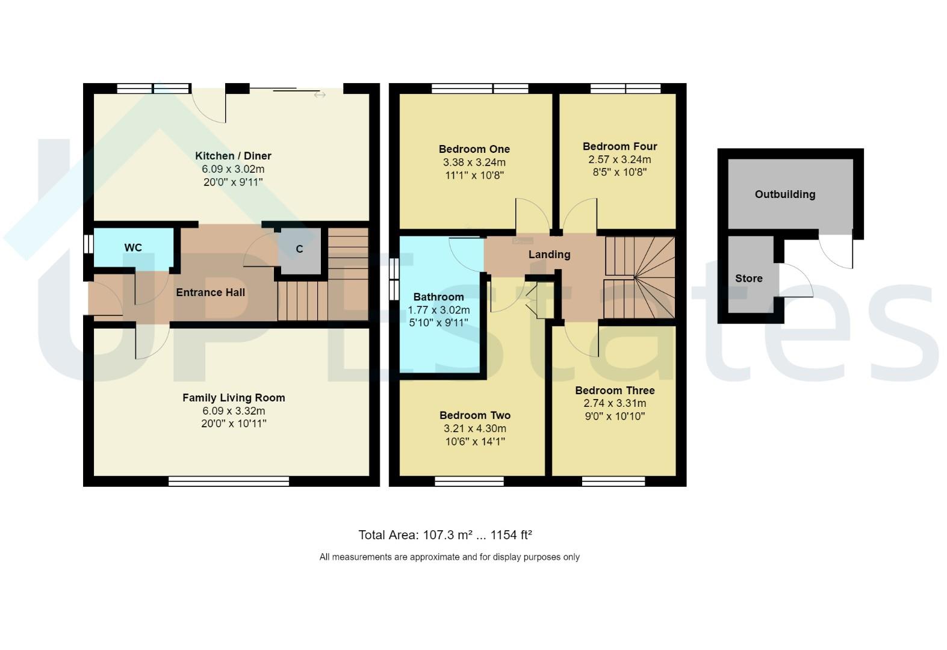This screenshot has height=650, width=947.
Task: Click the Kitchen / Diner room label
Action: tap(233, 156)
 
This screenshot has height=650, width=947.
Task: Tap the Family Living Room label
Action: tap(234, 398)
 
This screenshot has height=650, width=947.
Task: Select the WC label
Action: tap(133, 247)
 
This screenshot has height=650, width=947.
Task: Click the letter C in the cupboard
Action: tap(299, 249)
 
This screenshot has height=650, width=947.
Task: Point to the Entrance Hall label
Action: tap(210, 292)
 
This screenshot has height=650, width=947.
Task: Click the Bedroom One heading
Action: tap(474, 149)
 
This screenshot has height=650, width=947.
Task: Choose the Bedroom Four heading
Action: tap(619, 146)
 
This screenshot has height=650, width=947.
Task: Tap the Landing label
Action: tap(549, 255)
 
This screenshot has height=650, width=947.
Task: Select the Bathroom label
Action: tap(438, 297)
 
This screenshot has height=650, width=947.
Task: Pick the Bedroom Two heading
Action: tap(475, 415)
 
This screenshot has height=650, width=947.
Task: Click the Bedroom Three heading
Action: tap(615, 391)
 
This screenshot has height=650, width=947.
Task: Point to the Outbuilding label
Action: tap(785, 194)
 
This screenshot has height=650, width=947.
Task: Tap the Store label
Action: tap(749, 279)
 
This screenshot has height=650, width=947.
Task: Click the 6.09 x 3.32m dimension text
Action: tap(234, 411)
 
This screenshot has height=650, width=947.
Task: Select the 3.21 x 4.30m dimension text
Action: tap(475, 429)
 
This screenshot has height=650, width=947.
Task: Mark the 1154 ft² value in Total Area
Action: tap(511, 535)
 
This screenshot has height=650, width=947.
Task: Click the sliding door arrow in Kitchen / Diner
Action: tap(320, 94)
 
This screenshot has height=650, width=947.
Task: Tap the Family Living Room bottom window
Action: tap(229, 481)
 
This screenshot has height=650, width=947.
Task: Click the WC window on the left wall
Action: tap(88, 244)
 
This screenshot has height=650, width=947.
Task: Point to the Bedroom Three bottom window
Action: tap(613, 481)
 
